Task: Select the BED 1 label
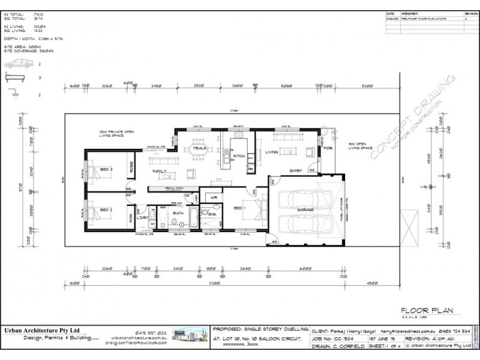pos(239,208)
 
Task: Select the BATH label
pos(178,212)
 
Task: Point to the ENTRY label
pos(295,170)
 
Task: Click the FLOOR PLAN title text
pos(426,310)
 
